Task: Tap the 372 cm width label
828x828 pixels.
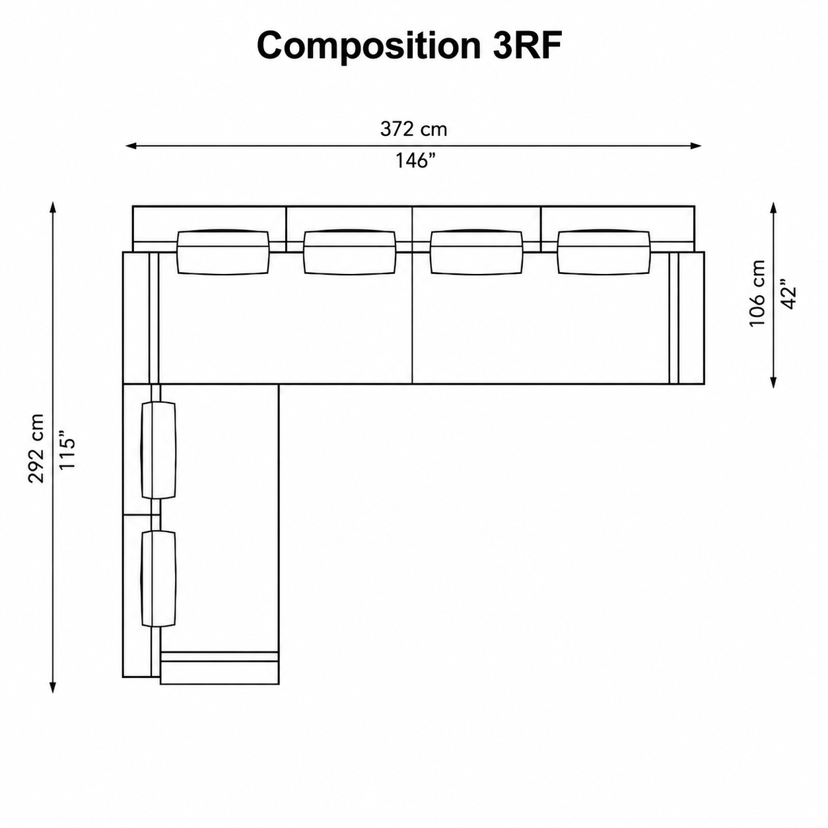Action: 413,129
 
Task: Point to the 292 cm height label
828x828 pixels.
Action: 36,448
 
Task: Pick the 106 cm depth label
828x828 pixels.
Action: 757,293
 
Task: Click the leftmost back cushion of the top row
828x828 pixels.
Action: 223,252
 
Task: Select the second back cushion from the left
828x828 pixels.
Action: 349,252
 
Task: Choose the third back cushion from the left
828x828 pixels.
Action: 476,252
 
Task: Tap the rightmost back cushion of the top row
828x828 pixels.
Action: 604,252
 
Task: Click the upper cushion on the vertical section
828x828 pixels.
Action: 158,450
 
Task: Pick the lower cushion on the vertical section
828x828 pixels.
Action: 158,578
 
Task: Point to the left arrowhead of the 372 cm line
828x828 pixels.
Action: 131,146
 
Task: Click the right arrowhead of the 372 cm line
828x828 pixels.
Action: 695,146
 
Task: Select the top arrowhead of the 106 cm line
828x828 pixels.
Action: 773,209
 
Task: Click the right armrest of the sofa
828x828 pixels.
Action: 691,318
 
